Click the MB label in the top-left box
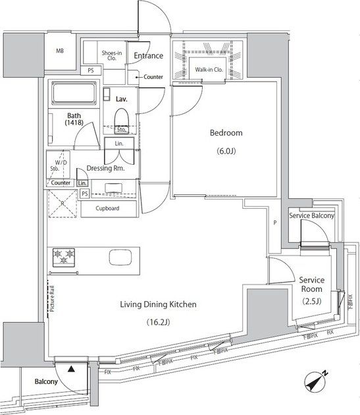pyautogui.click(x=60, y=51)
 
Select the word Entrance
pyautogui.click(x=148, y=55)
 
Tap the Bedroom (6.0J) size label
pyautogui.click(x=226, y=152)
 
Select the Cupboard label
pyautogui.click(x=107, y=208)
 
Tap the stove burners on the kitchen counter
pyautogui.click(x=63, y=256)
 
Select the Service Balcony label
pyautogui.click(x=311, y=216)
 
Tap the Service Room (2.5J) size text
pyautogui.click(x=313, y=302)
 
